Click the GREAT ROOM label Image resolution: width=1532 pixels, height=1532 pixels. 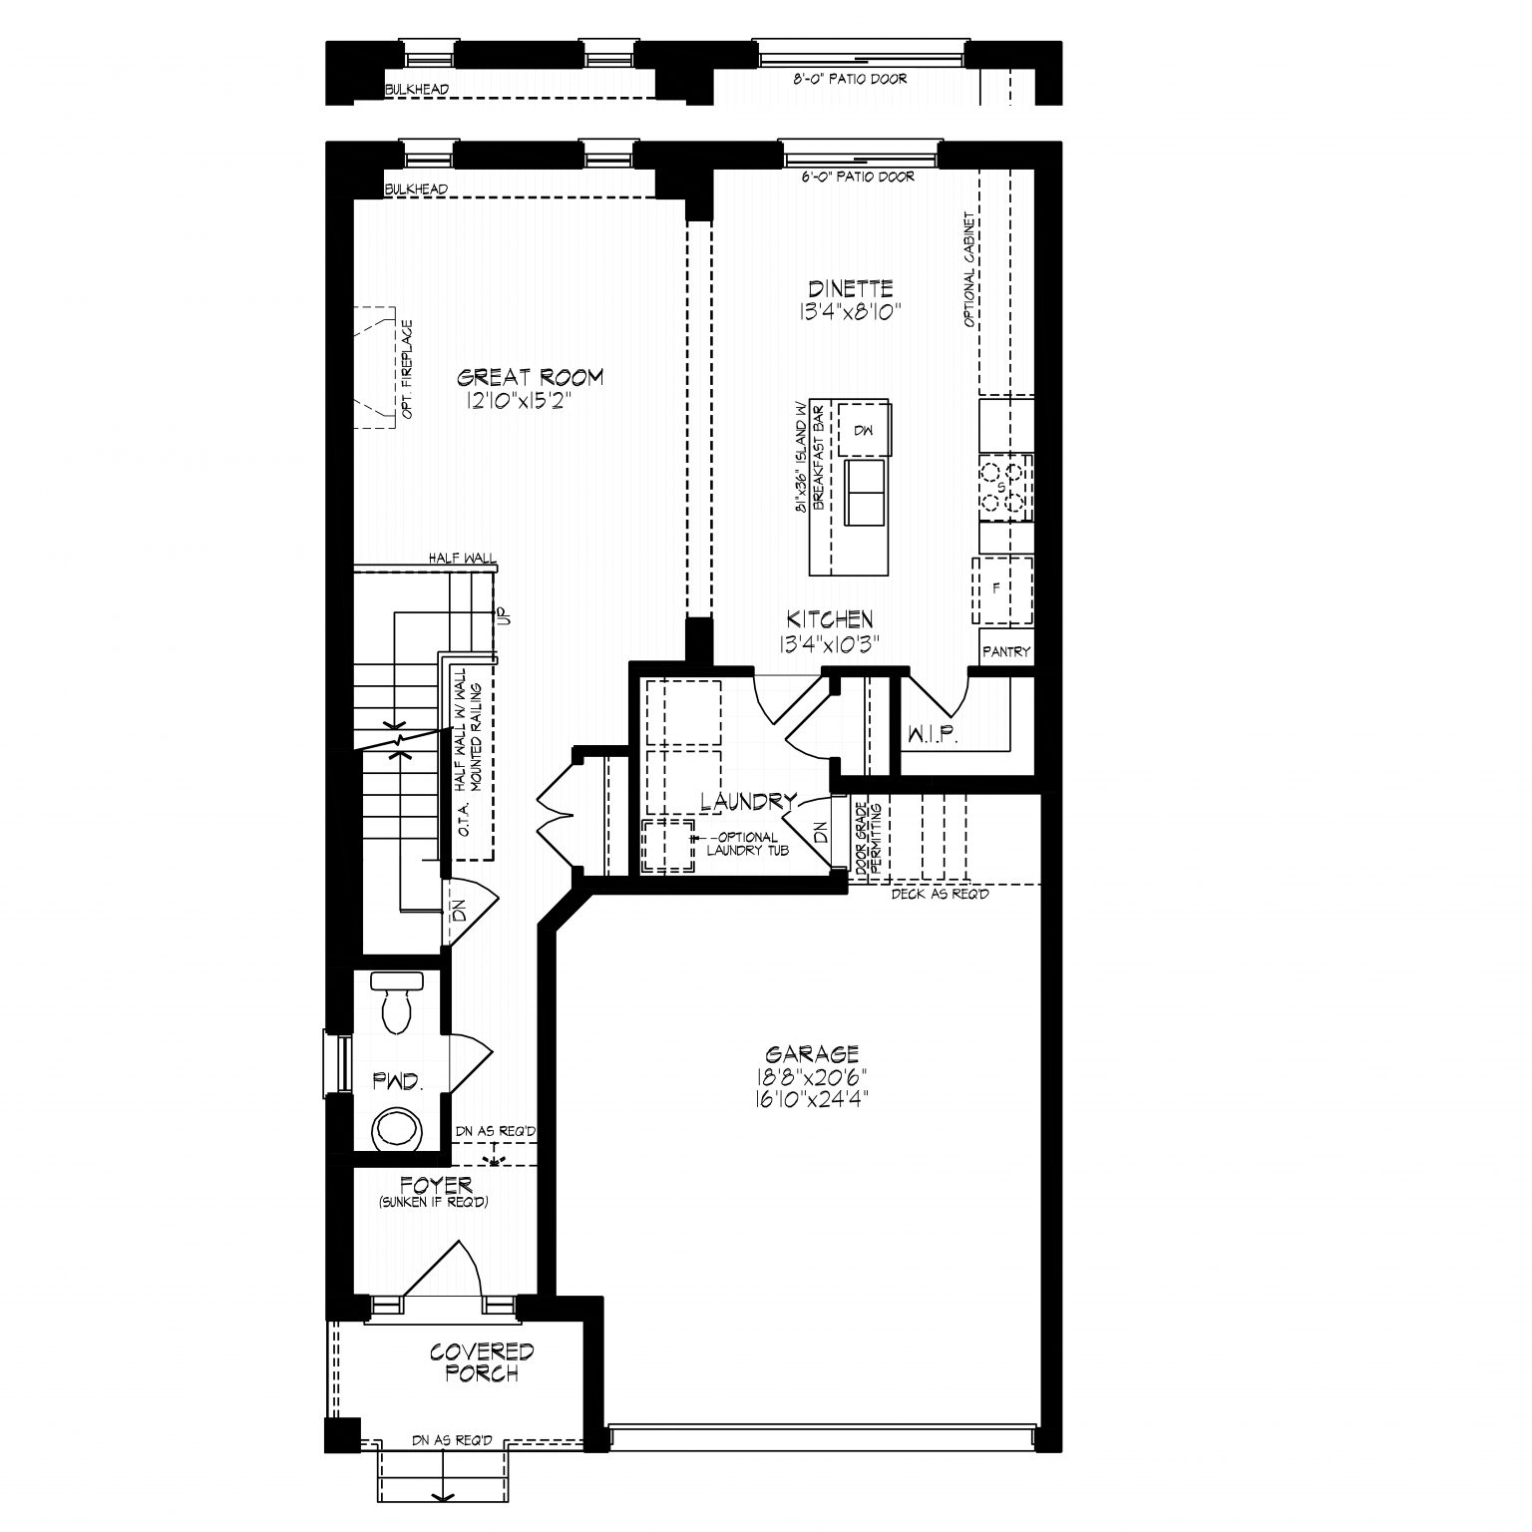click(x=530, y=377)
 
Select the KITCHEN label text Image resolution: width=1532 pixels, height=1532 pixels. click(x=830, y=619)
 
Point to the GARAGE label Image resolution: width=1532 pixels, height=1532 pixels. click(x=812, y=1053)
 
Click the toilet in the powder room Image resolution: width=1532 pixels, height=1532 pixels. click(x=398, y=1002)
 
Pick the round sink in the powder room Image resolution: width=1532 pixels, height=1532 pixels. click(x=398, y=1130)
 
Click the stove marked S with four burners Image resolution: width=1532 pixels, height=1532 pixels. click(x=1002, y=488)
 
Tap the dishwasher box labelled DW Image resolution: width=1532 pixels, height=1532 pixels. click(x=863, y=429)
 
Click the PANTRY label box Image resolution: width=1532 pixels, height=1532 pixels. click(x=1005, y=652)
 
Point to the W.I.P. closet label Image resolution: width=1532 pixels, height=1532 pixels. click(x=933, y=737)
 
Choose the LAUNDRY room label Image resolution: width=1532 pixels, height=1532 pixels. click(x=748, y=801)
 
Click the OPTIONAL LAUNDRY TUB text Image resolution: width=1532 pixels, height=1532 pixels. click(x=748, y=844)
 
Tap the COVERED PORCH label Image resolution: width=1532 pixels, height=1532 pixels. click(x=482, y=1362)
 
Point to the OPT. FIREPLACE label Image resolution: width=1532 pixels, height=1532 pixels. click(x=408, y=368)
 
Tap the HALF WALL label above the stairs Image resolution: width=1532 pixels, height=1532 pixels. click(x=462, y=560)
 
